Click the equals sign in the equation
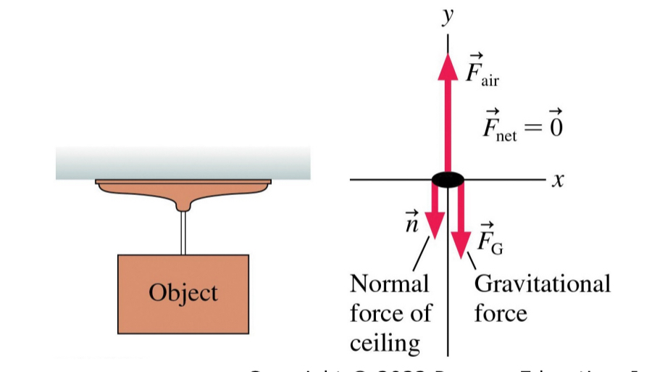pyautogui.click(x=532, y=128)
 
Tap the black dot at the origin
pyautogui.click(x=448, y=179)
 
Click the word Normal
pyautogui.click(x=389, y=284)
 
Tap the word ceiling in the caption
pyautogui.click(x=384, y=342)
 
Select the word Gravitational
pyautogui.click(x=542, y=284)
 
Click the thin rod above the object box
pyautogui.click(x=184, y=233)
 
